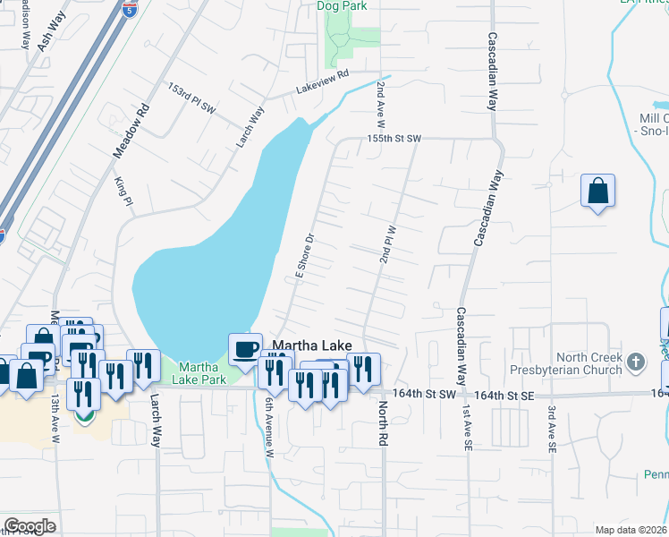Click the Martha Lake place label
311,345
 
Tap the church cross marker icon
635,362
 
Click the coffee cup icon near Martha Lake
245,349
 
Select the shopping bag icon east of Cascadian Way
597,191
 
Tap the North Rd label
382,423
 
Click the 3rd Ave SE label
552,430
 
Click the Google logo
29,525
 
